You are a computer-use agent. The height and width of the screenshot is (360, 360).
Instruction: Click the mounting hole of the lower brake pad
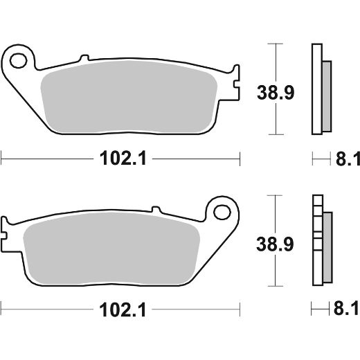222,209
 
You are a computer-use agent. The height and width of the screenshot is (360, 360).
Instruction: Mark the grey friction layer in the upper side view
327,94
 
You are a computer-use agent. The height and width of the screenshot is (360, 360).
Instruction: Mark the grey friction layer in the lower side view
327,245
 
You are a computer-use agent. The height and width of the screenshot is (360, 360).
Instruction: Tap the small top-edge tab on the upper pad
84,59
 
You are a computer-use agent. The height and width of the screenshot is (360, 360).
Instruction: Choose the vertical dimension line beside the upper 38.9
276,55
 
